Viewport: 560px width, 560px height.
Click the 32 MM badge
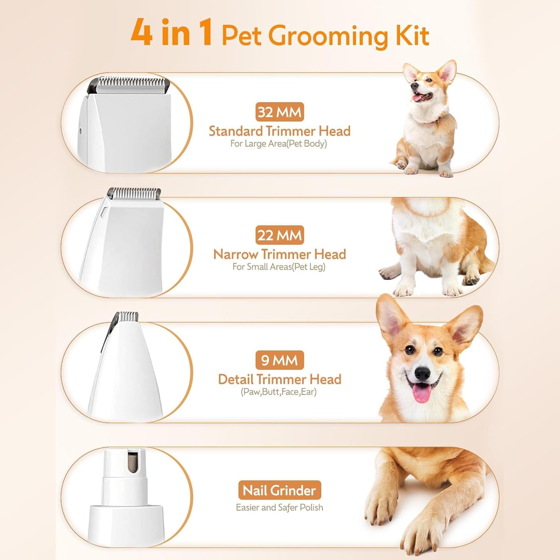(x=280, y=112)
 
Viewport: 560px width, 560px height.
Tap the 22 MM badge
(x=280, y=235)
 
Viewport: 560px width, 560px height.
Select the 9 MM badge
(x=280, y=360)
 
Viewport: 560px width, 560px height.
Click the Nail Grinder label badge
(x=280, y=490)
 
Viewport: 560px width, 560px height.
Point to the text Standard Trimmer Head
(x=280, y=131)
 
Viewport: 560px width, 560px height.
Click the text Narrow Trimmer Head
(x=280, y=254)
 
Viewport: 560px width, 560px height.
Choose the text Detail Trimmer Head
(x=280, y=379)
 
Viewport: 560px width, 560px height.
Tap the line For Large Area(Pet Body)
(x=279, y=144)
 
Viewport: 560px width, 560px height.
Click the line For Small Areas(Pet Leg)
(x=279, y=267)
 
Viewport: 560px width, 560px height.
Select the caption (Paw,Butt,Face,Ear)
(x=279, y=392)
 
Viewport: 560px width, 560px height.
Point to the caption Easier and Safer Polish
(x=279, y=507)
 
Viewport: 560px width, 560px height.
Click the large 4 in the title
(x=141, y=32)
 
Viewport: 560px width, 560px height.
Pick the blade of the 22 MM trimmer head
(x=134, y=193)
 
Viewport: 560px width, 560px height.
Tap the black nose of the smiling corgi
(x=423, y=373)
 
